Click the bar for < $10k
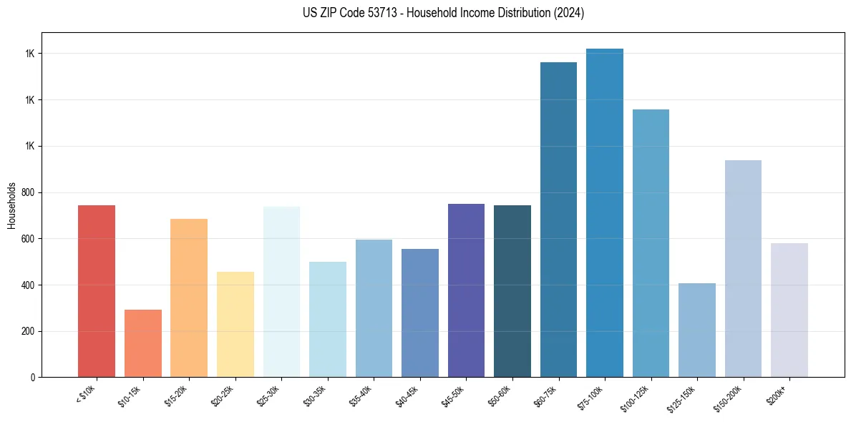coord(97,291)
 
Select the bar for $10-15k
coord(143,343)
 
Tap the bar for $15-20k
coord(189,298)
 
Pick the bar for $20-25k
coord(235,325)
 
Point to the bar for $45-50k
coord(466,290)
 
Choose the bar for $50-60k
coord(512,291)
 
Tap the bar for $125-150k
coord(697,330)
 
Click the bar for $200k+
coord(789,310)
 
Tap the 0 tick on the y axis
coord(34,378)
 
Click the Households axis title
coord(12,205)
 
